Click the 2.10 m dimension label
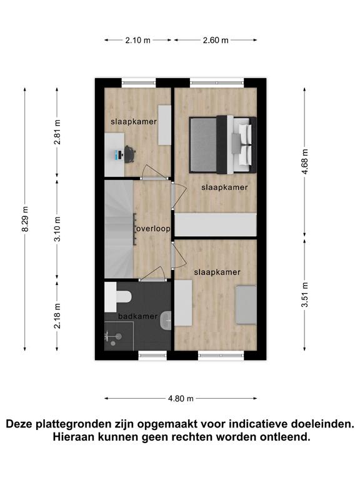137,40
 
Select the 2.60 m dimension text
216,40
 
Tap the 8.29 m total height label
25,219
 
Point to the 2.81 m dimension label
57,132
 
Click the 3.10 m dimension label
57,229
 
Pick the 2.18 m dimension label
57,316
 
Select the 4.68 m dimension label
305,162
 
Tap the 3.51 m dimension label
305,295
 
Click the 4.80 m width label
181,398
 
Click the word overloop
153,229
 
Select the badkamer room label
137,316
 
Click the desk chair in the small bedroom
130,154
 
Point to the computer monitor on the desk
117,154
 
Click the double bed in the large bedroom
223,145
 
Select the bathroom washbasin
166,320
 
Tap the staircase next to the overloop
119,229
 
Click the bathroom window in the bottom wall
152,355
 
